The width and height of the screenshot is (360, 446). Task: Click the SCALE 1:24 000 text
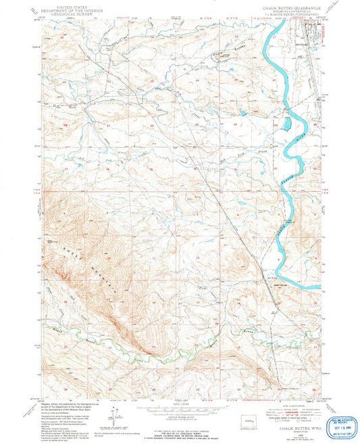(180, 404)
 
